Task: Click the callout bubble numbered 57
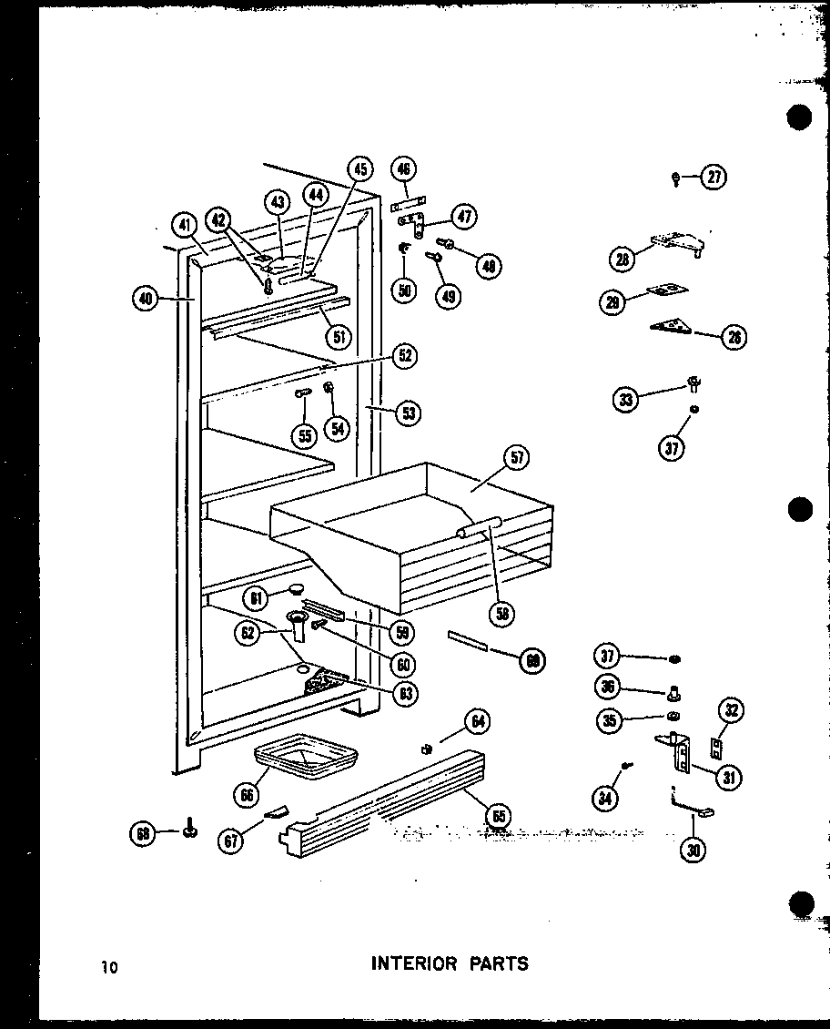point(517,458)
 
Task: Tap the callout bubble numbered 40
point(144,299)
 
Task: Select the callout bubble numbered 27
point(715,178)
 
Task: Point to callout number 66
point(245,795)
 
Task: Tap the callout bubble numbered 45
point(361,169)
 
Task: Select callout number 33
point(625,398)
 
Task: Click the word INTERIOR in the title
point(414,963)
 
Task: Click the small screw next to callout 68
point(190,830)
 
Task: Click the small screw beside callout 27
point(677,179)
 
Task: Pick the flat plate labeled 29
point(667,291)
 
